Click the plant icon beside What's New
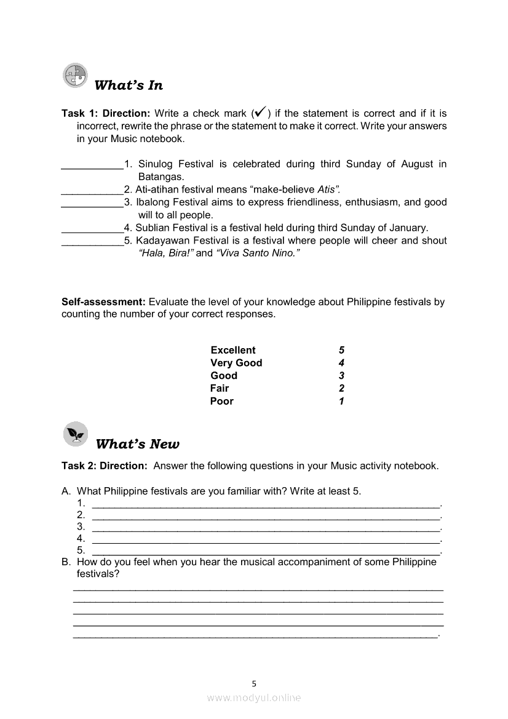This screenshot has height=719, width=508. pyautogui.click(x=76, y=434)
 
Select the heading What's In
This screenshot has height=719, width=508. pyautogui.click(x=129, y=85)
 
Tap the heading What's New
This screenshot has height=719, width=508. pyautogui.click(x=138, y=444)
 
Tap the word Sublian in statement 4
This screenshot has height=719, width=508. pyautogui.click(x=152, y=228)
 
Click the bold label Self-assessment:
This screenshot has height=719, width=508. pyautogui.click(x=103, y=302)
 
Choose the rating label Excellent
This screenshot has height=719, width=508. pyautogui.click(x=232, y=350)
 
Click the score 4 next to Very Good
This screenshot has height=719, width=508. pyautogui.click(x=341, y=363)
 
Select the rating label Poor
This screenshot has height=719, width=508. pyautogui.click(x=222, y=401)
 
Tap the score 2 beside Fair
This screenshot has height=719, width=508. pyautogui.click(x=341, y=388)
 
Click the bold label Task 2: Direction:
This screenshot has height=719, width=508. pyautogui.click(x=105, y=466)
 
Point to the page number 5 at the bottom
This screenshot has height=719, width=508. pyautogui.click(x=254, y=683)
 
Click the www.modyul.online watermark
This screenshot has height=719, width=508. pyautogui.click(x=254, y=697)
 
